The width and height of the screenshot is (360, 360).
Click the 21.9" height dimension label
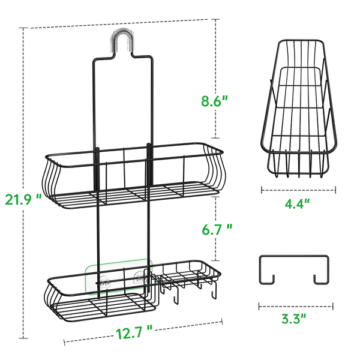(x=23, y=199)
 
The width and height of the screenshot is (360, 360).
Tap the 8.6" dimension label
(x=214, y=101)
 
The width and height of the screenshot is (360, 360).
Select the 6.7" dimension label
(x=217, y=229)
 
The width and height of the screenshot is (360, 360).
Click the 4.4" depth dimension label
(x=298, y=203)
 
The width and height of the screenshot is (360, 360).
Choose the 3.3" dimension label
(x=294, y=319)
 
